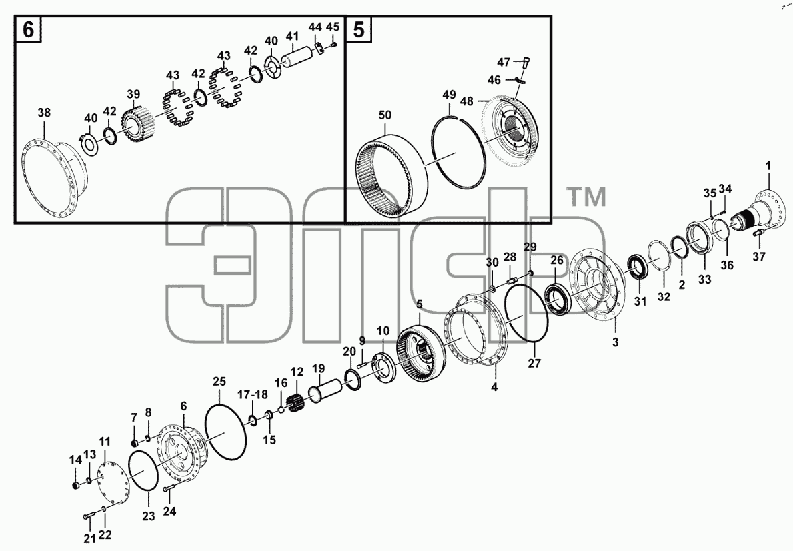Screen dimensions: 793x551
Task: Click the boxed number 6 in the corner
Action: point(29,30)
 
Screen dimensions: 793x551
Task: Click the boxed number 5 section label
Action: point(358,30)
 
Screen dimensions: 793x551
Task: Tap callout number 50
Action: point(385,115)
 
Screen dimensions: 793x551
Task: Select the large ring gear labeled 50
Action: point(392,175)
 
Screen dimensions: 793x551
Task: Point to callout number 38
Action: point(45,113)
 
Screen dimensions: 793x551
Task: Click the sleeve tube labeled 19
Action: point(322,390)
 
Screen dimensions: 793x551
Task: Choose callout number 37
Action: point(758,257)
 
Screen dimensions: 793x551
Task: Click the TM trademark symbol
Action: point(588,197)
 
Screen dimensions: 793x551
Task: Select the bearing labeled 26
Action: point(558,298)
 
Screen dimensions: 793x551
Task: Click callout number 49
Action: point(449,95)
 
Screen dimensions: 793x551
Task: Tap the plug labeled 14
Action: point(77,486)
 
